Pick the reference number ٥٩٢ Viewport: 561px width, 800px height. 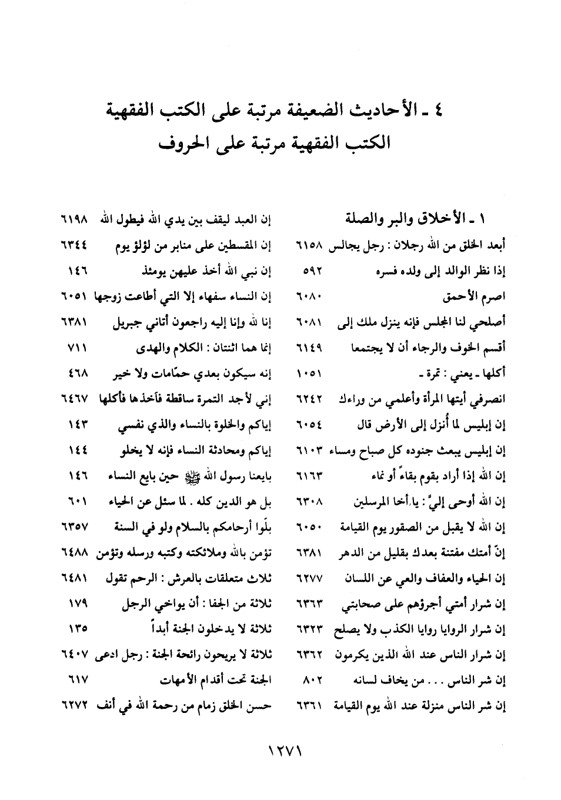coord(310,272)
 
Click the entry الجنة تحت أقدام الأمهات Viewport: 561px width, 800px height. coord(215,681)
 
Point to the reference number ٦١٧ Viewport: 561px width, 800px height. coord(77,681)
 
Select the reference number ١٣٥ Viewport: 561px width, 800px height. coord(77,629)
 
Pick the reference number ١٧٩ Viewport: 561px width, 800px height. coord(77,604)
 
